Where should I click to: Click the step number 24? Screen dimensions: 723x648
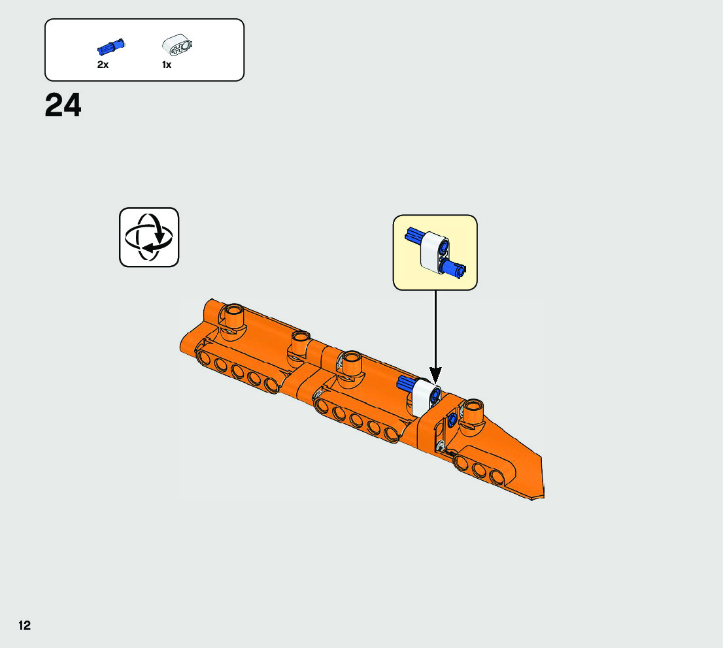(63, 106)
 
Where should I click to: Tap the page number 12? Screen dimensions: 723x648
(24, 626)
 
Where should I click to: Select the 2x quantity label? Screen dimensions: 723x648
(103, 65)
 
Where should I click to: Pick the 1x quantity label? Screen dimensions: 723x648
(167, 65)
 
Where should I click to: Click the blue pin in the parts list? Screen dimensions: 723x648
(111, 46)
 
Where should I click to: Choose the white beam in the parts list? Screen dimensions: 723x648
(177, 46)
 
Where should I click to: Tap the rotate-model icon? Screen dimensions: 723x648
(149, 237)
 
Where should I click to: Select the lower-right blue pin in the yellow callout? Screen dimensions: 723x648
(454, 267)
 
